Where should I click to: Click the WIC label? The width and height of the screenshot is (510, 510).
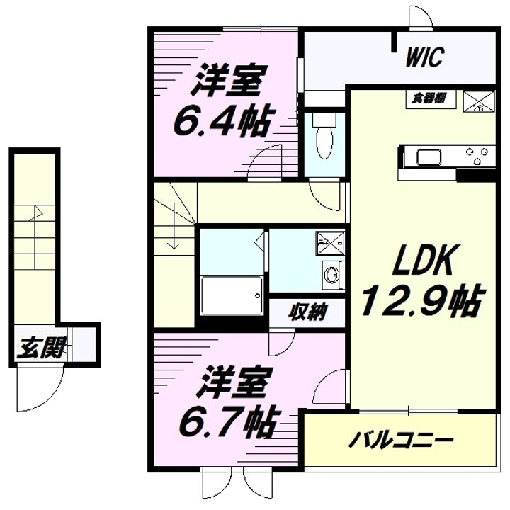pos(425,57)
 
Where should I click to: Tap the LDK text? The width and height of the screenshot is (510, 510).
pos(423,259)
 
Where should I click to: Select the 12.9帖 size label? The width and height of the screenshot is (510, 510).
pos(423,301)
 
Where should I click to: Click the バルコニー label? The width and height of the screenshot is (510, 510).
pos(401,441)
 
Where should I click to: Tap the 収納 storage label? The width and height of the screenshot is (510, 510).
pos(308,312)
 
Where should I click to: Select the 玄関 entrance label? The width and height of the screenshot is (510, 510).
pos(42,348)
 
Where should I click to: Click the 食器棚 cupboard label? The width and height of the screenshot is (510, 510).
pos(429,98)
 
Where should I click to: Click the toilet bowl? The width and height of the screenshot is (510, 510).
pos(324,142)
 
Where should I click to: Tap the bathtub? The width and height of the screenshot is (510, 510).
pos(232,295)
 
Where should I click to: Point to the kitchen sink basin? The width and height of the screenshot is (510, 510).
pos(429,157)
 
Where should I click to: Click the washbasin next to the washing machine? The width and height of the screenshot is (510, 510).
pos(331,274)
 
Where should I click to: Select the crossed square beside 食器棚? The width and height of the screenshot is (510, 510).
pos(478,101)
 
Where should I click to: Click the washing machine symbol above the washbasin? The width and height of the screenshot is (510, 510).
pos(330,243)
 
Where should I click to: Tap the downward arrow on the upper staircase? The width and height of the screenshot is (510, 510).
pos(175,225)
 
